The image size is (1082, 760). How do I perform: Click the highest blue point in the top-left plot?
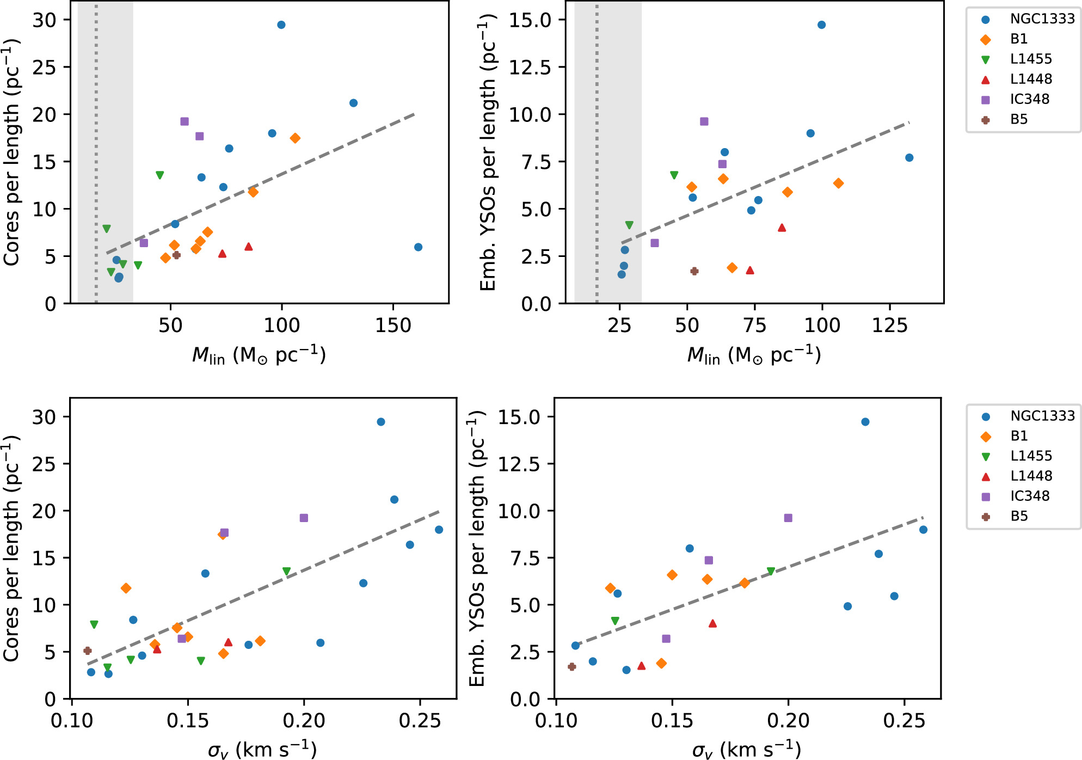click(x=281, y=25)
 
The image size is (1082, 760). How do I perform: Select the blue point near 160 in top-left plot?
click(x=418, y=247)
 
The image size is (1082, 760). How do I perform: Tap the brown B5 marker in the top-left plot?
click(x=176, y=255)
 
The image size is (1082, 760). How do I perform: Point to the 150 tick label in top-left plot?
click(x=393, y=326)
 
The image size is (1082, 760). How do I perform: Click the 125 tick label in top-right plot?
click(x=889, y=326)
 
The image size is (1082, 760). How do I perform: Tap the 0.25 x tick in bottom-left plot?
click(x=420, y=721)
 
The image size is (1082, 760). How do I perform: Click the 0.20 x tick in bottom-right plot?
click(x=788, y=721)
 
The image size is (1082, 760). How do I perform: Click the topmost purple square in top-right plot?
click(x=704, y=121)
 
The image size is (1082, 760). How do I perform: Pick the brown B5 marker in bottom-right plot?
click(x=571, y=666)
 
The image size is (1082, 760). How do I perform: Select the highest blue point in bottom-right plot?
click(x=865, y=422)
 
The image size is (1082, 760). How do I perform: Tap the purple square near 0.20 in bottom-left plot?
click(x=304, y=518)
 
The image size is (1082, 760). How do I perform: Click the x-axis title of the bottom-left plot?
click(x=262, y=750)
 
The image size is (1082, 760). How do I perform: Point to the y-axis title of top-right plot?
click(x=488, y=152)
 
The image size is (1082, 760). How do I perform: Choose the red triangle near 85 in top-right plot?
click(x=782, y=228)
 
